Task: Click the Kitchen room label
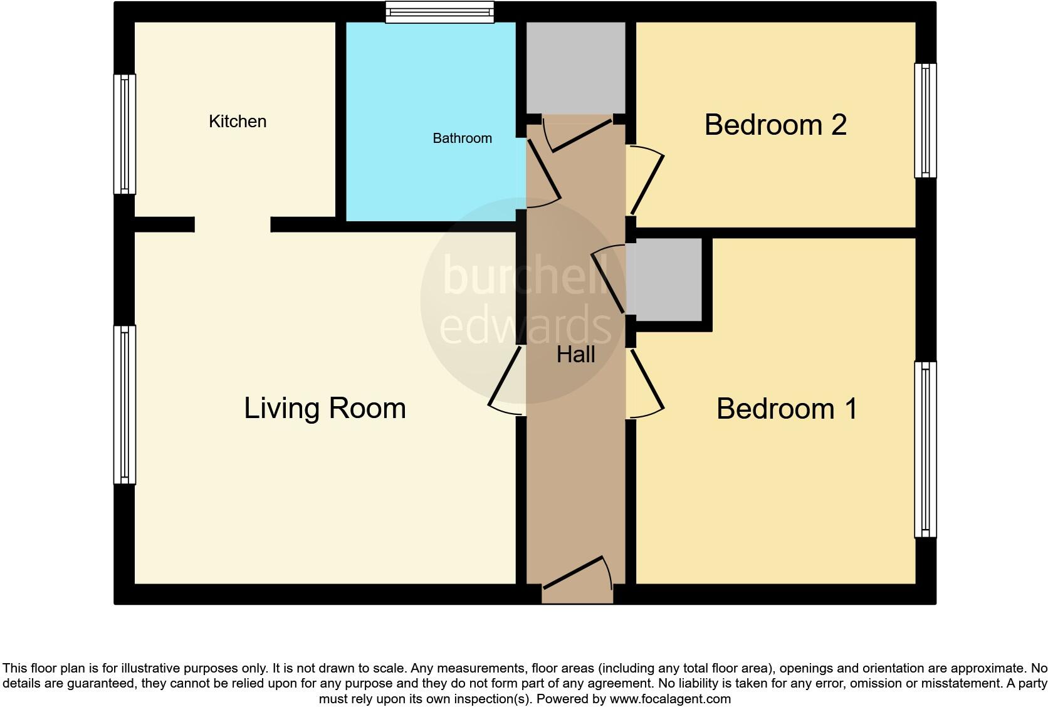238,122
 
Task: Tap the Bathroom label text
462,139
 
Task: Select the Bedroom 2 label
775,125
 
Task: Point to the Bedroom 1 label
787,409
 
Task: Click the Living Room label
325,408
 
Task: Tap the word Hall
575,355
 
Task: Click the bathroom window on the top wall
439,12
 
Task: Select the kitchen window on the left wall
124,134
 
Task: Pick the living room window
124,404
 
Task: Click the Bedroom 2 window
925,120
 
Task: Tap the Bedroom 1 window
925,449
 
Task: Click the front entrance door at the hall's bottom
577,573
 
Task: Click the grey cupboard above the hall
575,68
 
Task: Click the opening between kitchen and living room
233,224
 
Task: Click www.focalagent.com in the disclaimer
669,699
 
